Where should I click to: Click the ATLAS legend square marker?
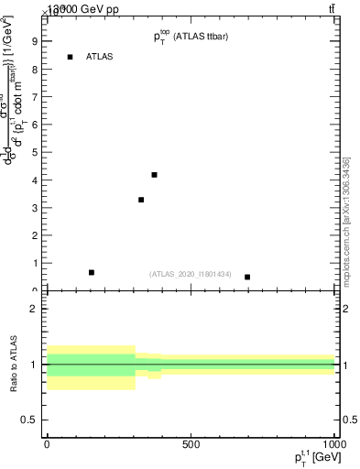(x=70, y=57)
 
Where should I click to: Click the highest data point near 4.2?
(x=154, y=175)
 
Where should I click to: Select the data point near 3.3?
(x=141, y=200)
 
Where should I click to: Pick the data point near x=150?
(x=92, y=272)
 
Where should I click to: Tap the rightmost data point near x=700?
(x=247, y=277)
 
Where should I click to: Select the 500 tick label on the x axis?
(x=191, y=444)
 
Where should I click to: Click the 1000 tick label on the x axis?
(x=333, y=444)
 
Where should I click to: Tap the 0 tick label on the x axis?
(x=47, y=444)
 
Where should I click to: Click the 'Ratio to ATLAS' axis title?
(x=15, y=365)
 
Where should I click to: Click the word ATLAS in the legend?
(x=99, y=57)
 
